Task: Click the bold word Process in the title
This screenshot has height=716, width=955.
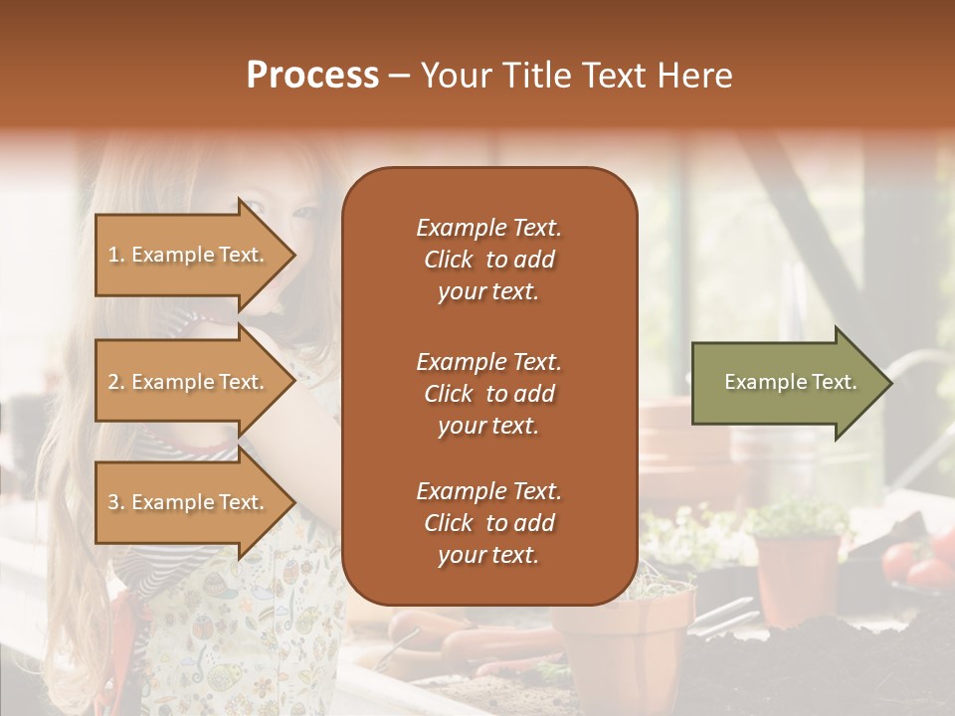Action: pos(312,76)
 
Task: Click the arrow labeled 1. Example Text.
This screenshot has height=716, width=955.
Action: pos(189,255)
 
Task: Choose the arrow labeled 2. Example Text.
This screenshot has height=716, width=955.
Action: pos(189,382)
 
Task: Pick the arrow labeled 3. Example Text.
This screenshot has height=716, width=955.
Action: pos(189,502)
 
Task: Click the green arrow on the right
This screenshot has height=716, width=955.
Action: pos(786,382)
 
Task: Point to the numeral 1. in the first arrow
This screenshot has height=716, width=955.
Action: pos(115,255)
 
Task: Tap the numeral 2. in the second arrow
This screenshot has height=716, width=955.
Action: pos(115,382)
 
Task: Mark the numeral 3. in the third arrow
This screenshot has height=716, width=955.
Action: pos(115,502)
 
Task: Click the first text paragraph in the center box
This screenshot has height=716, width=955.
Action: pos(488,260)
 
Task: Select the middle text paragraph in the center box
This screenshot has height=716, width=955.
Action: pos(488,393)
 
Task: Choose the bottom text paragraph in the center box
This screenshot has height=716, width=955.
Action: pos(488,523)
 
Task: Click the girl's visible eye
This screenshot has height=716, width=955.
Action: pos(256,208)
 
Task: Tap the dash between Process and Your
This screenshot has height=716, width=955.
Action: pos(400,77)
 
